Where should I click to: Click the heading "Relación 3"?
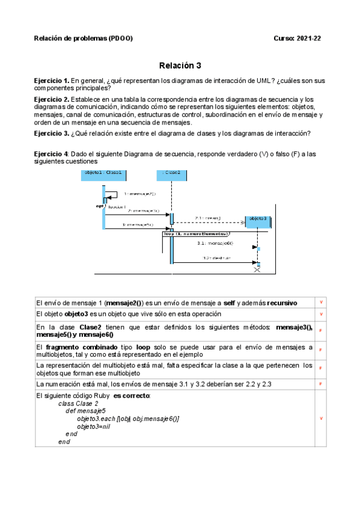point(180,65)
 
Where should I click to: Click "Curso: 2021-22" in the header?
point(297,38)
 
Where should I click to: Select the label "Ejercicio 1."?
point(52,81)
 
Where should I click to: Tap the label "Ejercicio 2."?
point(52,99)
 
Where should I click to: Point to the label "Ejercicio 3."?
point(52,133)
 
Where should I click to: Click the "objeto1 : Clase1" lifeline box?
point(103,173)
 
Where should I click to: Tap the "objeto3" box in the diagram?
point(257,218)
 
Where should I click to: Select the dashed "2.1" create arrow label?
point(207,218)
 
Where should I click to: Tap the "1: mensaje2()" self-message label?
point(139,194)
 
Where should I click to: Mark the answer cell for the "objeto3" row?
point(320,315)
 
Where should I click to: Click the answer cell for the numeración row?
point(320,383)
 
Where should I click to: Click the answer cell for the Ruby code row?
point(320,418)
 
